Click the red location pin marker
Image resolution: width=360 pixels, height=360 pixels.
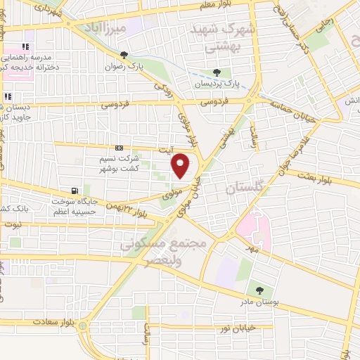181,165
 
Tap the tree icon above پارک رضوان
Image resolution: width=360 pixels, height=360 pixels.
124,54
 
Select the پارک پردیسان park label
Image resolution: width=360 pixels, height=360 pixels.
217,83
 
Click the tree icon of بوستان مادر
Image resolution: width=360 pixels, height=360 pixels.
260,290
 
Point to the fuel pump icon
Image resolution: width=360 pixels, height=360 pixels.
75,191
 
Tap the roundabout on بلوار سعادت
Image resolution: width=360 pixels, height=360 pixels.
84,326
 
